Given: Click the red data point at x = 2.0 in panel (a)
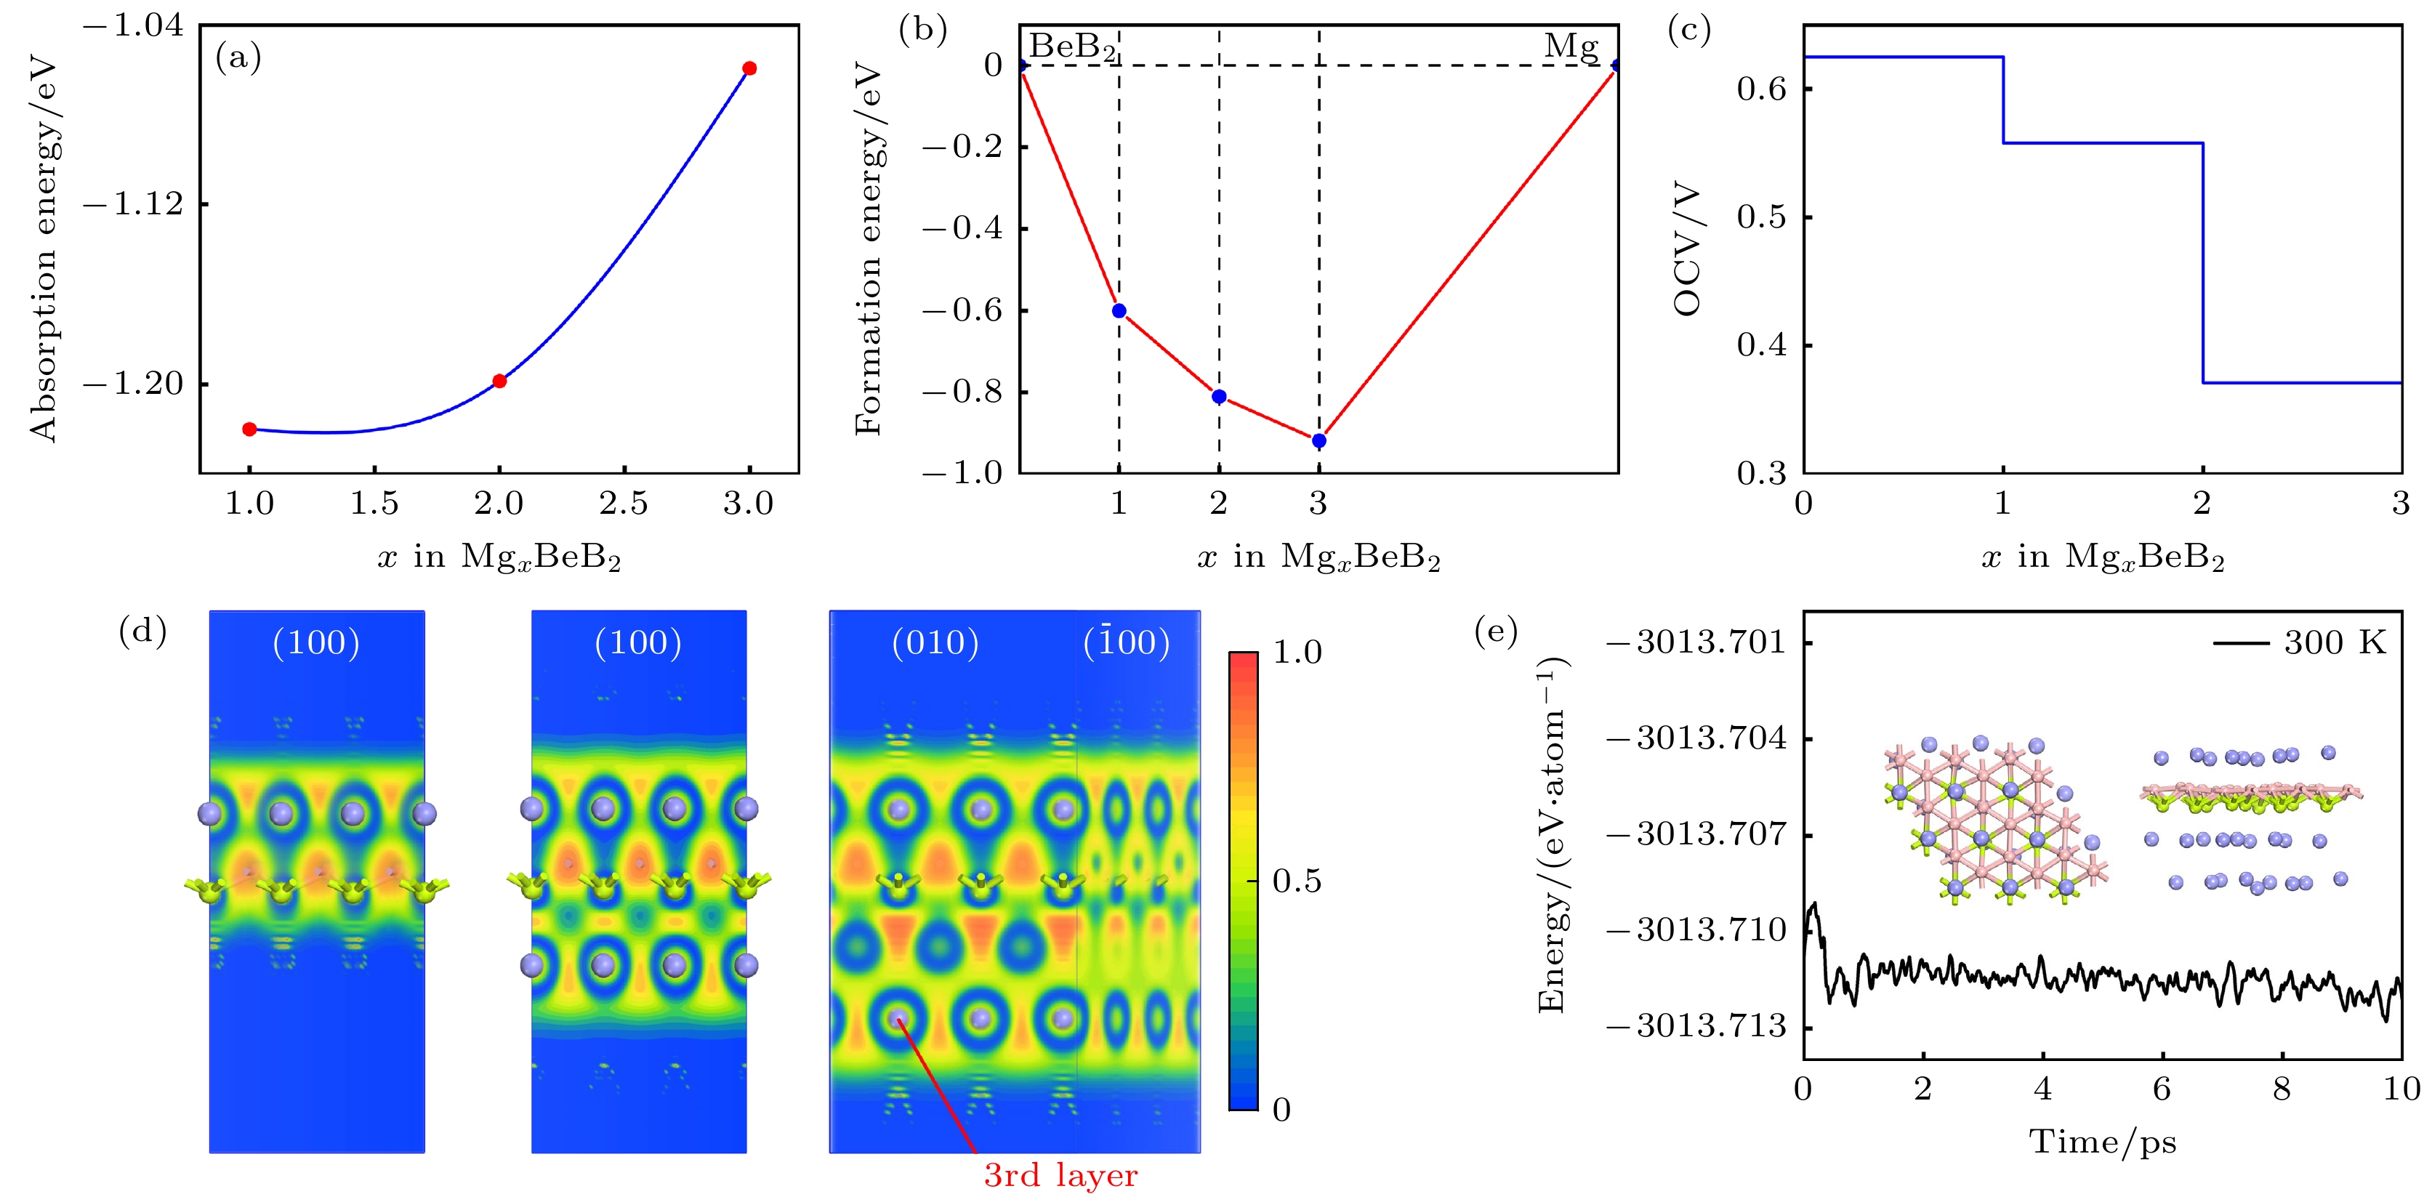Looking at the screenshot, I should (x=499, y=382).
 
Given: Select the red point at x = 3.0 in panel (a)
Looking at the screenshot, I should (x=749, y=68).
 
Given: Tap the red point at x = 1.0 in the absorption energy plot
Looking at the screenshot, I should (x=249, y=429).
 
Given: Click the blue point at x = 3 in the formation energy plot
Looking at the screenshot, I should (x=1319, y=441).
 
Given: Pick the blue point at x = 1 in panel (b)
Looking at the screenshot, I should (x=1119, y=310).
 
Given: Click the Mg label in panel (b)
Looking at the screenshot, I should (x=1571, y=45).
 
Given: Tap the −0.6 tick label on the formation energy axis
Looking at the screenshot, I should (x=962, y=310).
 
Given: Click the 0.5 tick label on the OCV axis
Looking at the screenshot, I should (x=1762, y=217).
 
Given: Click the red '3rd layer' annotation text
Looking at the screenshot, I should (x=1060, y=1176).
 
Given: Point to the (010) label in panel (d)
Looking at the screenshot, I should (x=935, y=643).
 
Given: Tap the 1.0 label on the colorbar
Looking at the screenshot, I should (x=1297, y=652).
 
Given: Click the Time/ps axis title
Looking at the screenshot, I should (x=2103, y=1142).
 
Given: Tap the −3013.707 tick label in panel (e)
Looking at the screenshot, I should (x=1696, y=835).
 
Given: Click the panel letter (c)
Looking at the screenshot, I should (x=1689, y=31).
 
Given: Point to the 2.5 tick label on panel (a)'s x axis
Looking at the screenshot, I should (x=624, y=504).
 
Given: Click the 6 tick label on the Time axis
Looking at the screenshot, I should (x=2162, y=1089).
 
